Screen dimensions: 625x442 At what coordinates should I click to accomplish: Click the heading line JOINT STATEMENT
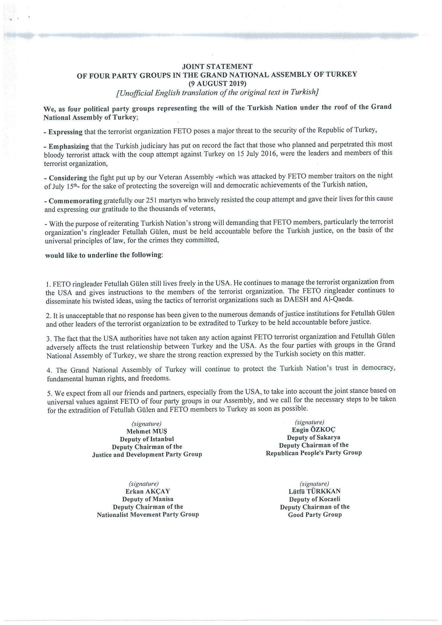217,66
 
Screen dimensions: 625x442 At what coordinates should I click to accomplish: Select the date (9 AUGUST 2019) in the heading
217,83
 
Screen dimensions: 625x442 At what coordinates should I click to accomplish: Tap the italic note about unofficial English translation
217,93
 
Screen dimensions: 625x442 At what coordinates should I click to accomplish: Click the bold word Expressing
65,132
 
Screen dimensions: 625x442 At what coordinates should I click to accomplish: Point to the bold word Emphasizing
69,146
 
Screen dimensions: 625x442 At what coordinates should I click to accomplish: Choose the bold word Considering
68,178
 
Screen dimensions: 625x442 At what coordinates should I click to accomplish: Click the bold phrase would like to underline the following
103,255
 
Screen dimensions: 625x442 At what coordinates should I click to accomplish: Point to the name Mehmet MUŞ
146,431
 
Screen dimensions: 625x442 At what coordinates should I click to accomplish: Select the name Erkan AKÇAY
147,491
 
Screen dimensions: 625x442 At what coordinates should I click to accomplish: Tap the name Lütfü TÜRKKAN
315,491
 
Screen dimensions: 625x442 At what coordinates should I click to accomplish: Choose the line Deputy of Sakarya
313,437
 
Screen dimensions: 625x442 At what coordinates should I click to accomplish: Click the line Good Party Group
315,515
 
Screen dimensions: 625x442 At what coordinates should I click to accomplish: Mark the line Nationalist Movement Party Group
148,515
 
